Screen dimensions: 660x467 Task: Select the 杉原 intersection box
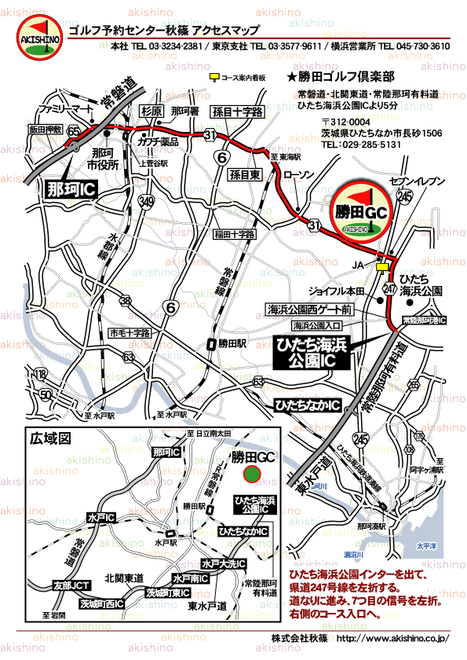pos(151,111)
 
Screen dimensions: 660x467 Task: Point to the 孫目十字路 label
pos(237,112)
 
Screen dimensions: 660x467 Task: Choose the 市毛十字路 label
pos(129,333)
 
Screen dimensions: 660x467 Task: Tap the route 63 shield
pos(258,381)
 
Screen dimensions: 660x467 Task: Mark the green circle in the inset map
pos(251,474)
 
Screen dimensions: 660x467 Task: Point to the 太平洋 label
pos(427,545)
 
